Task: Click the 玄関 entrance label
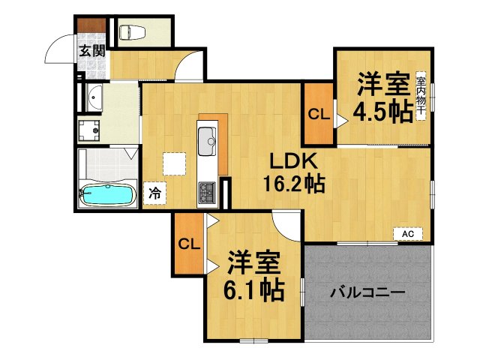pos(93,52)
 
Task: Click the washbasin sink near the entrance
pos(94,97)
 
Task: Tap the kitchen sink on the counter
pos(206,138)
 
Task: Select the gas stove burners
pos(206,193)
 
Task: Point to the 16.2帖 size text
pos(293,184)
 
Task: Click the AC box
pos(408,235)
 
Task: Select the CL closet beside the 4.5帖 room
pos(318,115)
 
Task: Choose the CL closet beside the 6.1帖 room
pos(188,243)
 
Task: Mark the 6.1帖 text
pos(256,289)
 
